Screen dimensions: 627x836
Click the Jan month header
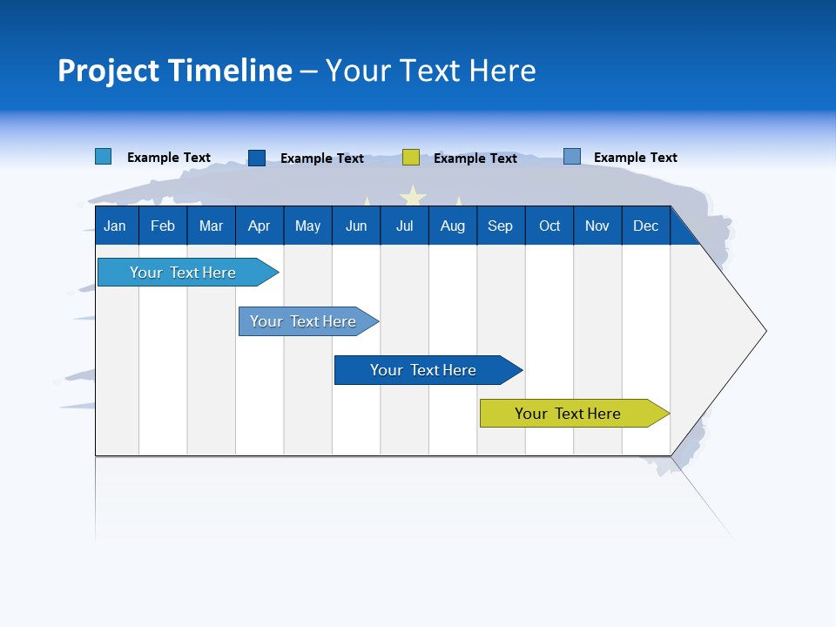[115, 226]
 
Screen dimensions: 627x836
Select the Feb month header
[163, 226]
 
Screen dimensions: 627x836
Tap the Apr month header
[259, 226]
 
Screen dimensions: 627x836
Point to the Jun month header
[356, 226]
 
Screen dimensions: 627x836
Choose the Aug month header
[452, 226]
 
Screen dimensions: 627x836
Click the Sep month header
[500, 226]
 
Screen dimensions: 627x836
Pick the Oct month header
[549, 226]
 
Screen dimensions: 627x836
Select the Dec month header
[645, 226]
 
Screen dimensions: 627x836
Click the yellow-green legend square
[411, 158]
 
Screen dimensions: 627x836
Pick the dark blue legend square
[257, 158]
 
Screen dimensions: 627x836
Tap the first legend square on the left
[104, 157]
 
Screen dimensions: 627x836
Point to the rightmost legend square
[572, 157]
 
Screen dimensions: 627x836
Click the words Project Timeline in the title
[175, 71]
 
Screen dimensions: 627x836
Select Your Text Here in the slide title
[431, 71]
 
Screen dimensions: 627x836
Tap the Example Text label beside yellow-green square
[475, 158]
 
